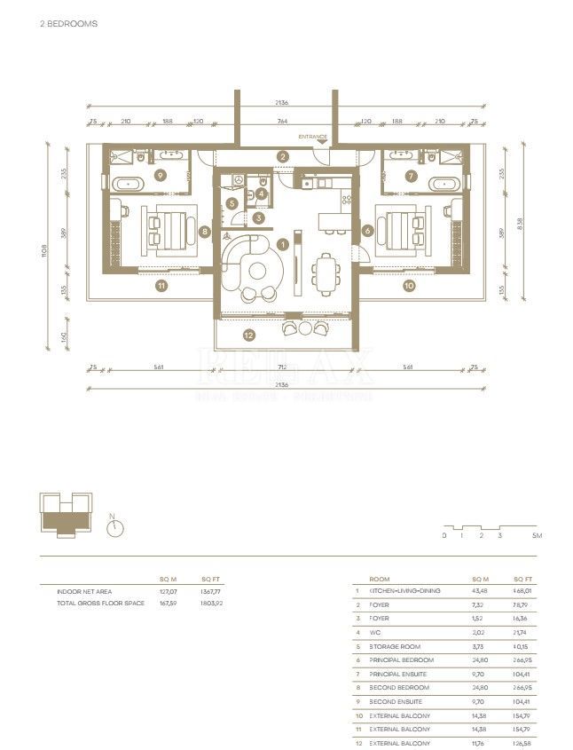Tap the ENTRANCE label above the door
[x=313, y=136]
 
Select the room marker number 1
[x=282, y=243]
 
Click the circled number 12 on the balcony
[x=248, y=335]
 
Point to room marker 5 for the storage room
[x=231, y=202]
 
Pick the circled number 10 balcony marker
[x=409, y=286]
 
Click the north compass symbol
[x=113, y=529]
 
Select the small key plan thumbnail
[x=64, y=516]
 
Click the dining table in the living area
[x=326, y=272]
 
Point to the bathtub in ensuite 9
[x=130, y=184]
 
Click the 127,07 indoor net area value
[x=169, y=591]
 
